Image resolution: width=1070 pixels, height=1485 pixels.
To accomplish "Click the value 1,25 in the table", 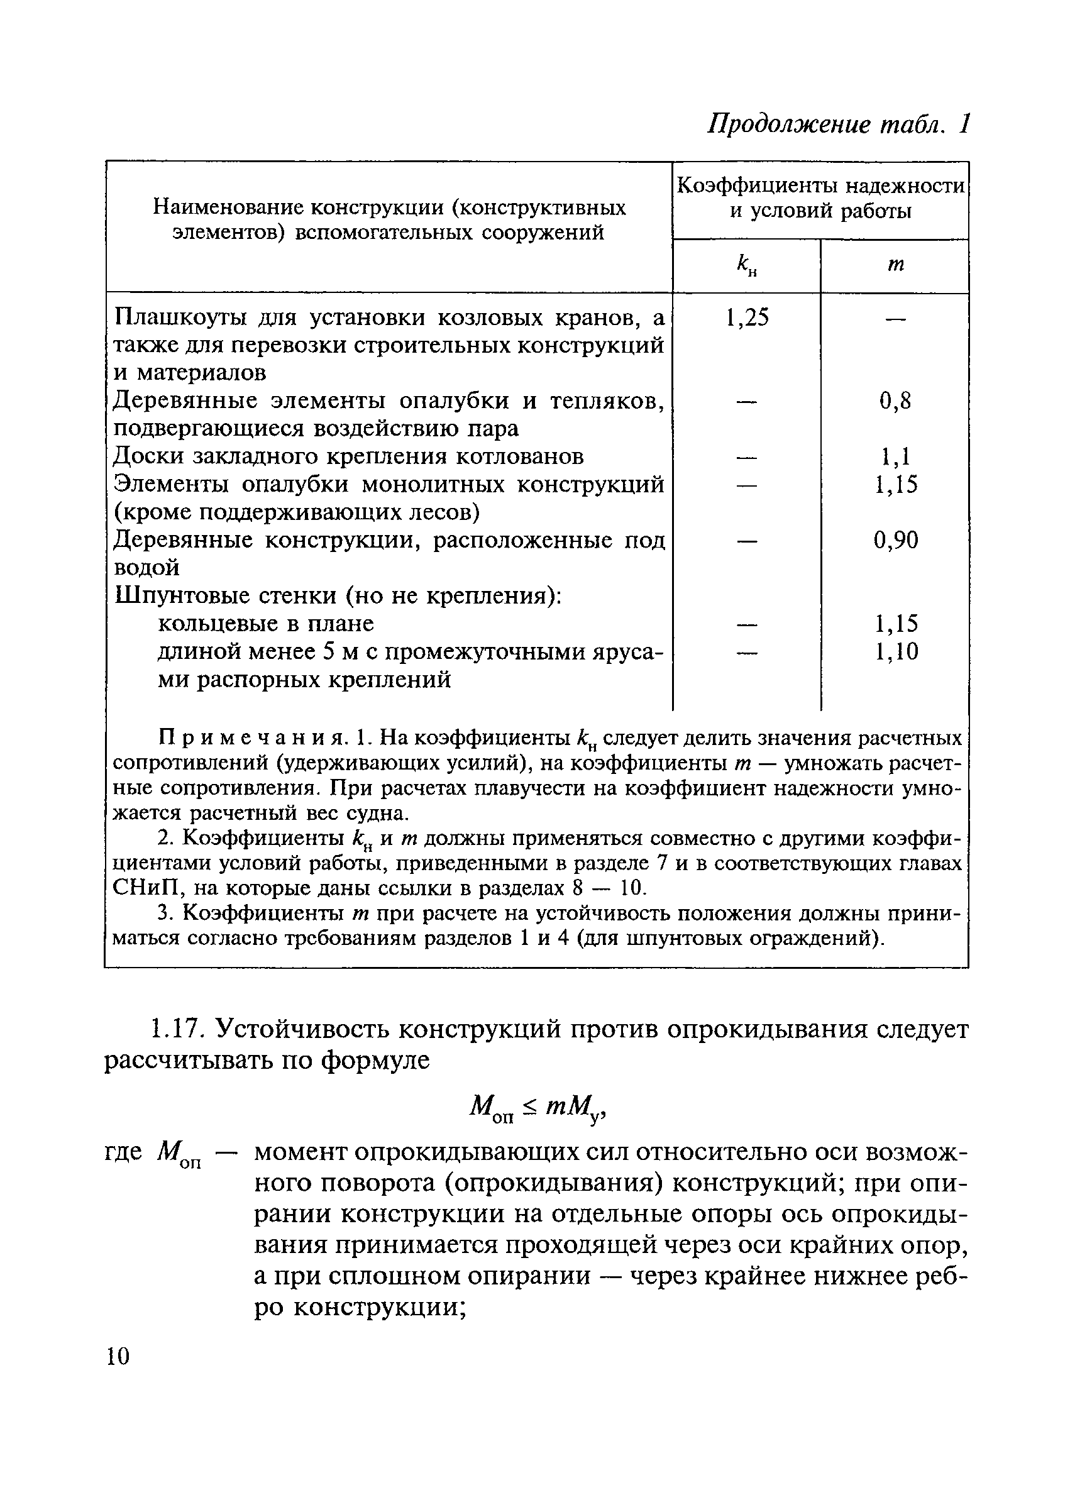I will tap(746, 318).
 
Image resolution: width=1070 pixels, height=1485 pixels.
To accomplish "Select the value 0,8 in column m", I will tap(895, 400).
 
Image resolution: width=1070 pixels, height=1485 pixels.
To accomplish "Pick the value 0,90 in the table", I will tap(895, 540).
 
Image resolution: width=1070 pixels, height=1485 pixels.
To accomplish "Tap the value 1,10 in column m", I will tap(896, 651).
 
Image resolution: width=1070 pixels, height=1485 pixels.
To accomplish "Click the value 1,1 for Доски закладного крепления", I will tap(895, 456).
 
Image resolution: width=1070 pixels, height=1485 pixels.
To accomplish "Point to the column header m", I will tap(895, 265).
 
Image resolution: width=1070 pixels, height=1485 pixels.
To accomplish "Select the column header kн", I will tap(746, 266).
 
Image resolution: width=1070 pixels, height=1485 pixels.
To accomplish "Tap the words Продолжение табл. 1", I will tap(837, 124).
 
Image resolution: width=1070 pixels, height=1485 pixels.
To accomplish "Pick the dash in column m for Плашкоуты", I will tap(895, 319).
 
